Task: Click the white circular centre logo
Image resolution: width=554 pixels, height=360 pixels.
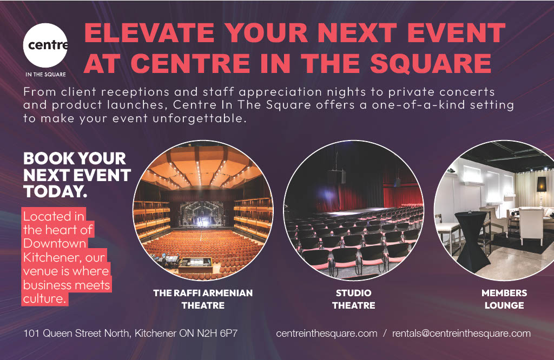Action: (x=45, y=45)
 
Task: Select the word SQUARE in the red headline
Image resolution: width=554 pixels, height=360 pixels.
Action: (x=431, y=64)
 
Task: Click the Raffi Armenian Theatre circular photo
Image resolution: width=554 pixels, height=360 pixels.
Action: (x=203, y=210)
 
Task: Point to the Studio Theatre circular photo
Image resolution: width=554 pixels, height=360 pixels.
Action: (x=354, y=210)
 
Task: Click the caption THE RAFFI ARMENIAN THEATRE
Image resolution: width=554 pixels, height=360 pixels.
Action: (x=203, y=299)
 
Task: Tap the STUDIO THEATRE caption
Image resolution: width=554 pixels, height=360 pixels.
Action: (x=354, y=299)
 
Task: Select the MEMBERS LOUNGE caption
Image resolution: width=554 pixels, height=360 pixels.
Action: (x=504, y=299)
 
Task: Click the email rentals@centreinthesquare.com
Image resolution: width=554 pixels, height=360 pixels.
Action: (x=461, y=334)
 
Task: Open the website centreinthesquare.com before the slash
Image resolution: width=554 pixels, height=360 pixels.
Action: (x=326, y=334)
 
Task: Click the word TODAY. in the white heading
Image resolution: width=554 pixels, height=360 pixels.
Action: (x=55, y=192)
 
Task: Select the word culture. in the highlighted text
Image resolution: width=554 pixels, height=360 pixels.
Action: (x=44, y=298)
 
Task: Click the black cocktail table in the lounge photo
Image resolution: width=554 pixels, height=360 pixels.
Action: (x=472, y=241)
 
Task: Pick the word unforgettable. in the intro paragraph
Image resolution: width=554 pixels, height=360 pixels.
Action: (x=199, y=118)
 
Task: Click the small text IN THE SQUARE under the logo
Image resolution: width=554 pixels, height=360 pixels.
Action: (x=45, y=75)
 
